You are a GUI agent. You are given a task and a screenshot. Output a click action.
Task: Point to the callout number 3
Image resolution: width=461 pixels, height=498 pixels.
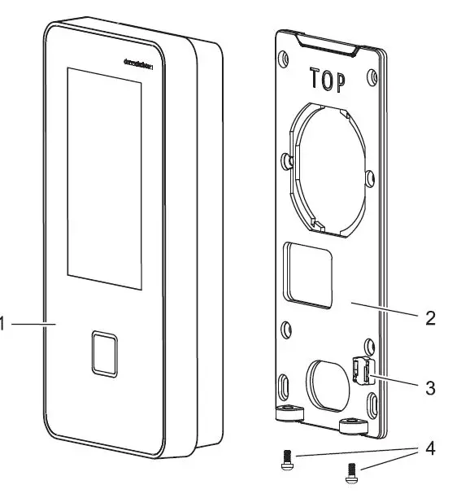[x=430, y=387]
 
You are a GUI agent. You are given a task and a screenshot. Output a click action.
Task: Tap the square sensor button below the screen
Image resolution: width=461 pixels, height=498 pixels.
[x=104, y=353]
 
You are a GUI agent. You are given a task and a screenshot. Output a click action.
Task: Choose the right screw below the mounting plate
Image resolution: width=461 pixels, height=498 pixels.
[x=351, y=470]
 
